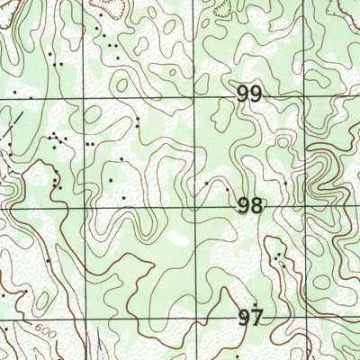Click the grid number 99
pyautogui.click(x=250, y=94)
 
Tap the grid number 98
pyautogui.click(x=250, y=206)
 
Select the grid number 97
pyautogui.click(x=250, y=317)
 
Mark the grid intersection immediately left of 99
pyautogui.click(x=195, y=94)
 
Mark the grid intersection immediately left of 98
pyautogui.click(x=195, y=206)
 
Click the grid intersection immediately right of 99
pyautogui.click(x=306, y=94)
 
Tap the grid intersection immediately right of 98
pyautogui.click(x=306, y=206)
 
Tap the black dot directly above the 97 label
pyautogui.click(x=256, y=303)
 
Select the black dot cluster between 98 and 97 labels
pyautogui.click(x=280, y=260)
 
